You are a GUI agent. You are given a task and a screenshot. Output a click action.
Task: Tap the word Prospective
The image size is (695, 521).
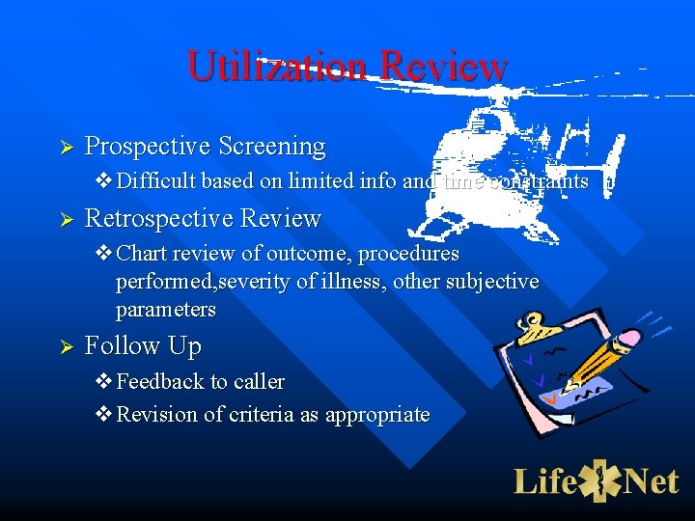148,147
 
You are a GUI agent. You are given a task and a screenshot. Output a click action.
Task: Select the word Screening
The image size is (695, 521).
271,147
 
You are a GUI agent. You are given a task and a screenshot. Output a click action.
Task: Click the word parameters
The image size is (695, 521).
165,310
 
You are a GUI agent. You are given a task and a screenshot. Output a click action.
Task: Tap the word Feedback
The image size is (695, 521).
155,382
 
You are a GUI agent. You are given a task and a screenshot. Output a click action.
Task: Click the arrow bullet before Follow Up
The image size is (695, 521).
67,346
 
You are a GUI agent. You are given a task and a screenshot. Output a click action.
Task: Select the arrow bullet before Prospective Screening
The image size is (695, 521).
67,148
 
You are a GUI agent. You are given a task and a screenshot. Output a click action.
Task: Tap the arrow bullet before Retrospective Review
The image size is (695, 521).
67,220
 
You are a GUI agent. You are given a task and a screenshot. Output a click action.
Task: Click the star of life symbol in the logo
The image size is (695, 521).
600,480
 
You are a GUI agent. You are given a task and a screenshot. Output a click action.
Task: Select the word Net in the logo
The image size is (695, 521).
651,480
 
